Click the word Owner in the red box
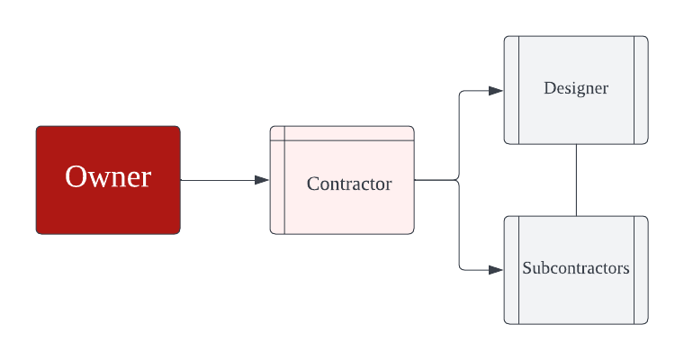pyautogui.click(x=108, y=177)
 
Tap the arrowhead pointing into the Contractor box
pyautogui.click(x=263, y=180)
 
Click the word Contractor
pyautogui.click(x=349, y=184)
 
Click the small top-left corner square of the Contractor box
pyautogui.click(x=278, y=133)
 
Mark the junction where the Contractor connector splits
pyautogui.click(x=459, y=180)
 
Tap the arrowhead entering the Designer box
pyautogui.click(x=496, y=91)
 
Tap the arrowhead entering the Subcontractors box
pyautogui.click(x=496, y=269)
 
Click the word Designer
pyautogui.click(x=576, y=88)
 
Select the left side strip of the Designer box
pyautogui.click(x=511, y=90)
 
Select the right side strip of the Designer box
pyautogui.click(x=640, y=90)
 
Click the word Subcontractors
pyautogui.click(x=576, y=268)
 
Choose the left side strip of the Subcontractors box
pyautogui.click(x=511, y=270)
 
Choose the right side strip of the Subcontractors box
pyautogui.click(x=640, y=270)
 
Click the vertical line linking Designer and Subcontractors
pyautogui.click(x=576, y=180)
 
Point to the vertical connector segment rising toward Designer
pyautogui.click(x=459, y=135)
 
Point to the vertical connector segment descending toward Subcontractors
pyautogui.click(x=459, y=225)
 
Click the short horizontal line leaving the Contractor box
pyautogui.click(x=436, y=180)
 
